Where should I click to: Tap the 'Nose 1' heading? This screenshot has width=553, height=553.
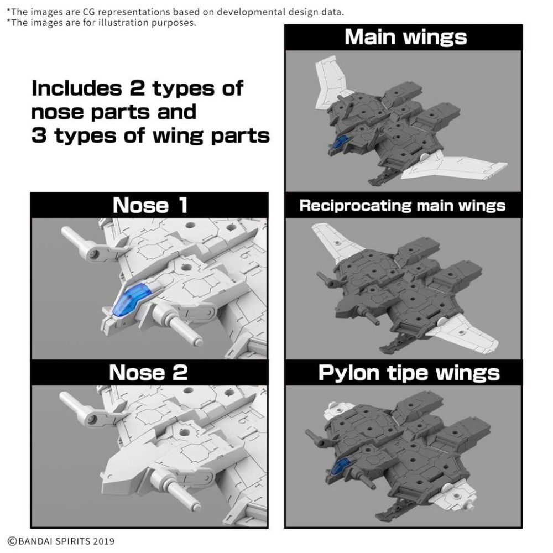click(150, 205)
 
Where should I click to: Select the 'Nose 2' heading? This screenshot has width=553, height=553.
click(148, 372)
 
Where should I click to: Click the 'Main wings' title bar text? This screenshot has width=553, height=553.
click(405, 37)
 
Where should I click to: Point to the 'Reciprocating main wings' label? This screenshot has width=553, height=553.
click(402, 206)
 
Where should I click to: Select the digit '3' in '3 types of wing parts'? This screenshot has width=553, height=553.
click(39, 135)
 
